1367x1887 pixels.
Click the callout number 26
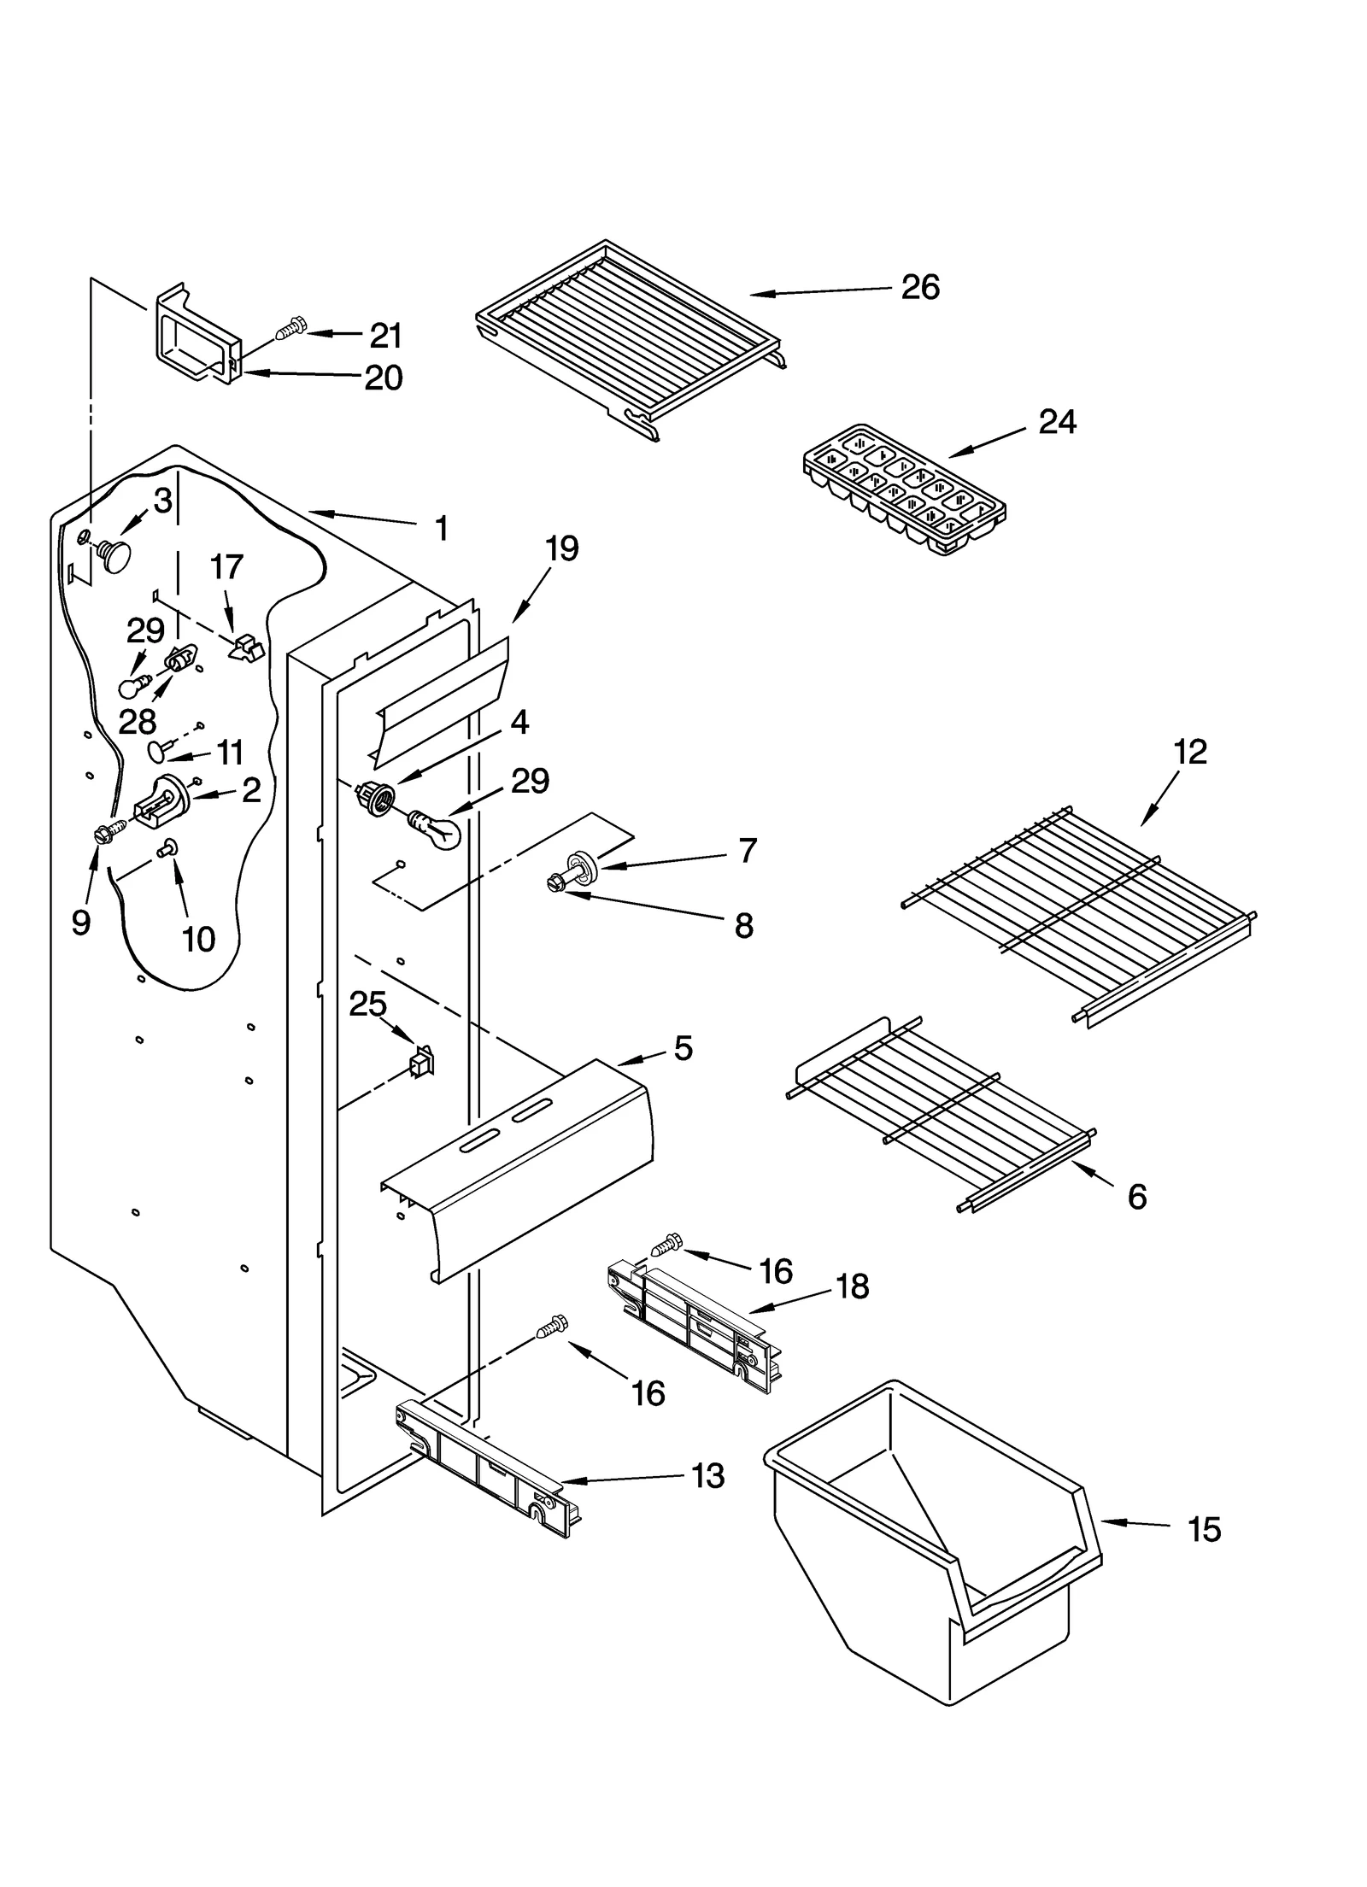pyautogui.click(x=920, y=287)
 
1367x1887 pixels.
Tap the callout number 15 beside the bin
pyautogui.click(x=1204, y=1529)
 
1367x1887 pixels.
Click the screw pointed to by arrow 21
pyautogui.click(x=291, y=327)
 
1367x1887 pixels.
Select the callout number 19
pyautogui.click(x=561, y=548)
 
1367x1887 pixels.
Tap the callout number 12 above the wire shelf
pyautogui.click(x=1190, y=752)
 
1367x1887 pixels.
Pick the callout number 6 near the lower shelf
pyautogui.click(x=1136, y=1198)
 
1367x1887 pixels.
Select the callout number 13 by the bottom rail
pyautogui.click(x=708, y=1476)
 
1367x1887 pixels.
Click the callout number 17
pyautogui.click(x=226, y=566)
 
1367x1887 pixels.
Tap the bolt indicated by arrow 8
pyautogui.click(x=554, y=886)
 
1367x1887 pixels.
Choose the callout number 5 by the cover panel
pyautogui.click(x=683, y=1048)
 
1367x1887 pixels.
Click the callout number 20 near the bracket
pyautogui.click(x=384, y=378)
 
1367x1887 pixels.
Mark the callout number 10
pyautogui.click(x=198, y=940)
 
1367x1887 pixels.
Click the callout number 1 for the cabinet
pyautogui.click(x=441, y=529)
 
